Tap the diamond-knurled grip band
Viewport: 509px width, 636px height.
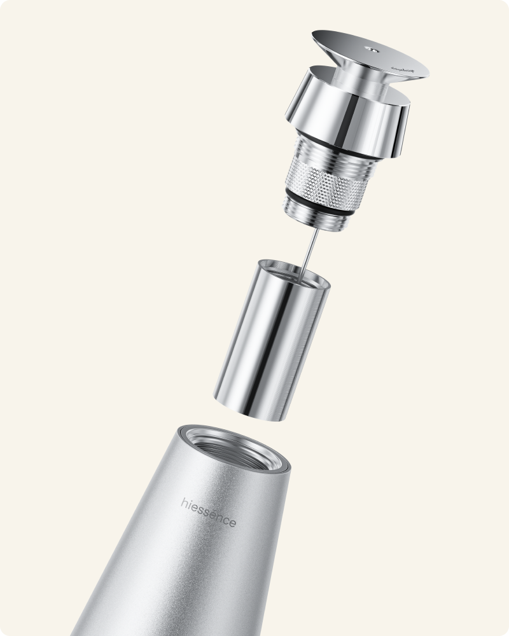point(324,181)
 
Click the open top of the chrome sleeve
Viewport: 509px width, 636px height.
point(294,270)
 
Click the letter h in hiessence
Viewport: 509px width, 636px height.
point(184,502)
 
